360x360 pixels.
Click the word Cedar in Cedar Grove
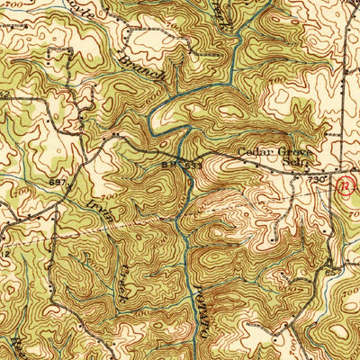click(257, 154)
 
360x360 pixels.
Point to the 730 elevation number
click(316, 180)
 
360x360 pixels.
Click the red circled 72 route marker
click(344, 185)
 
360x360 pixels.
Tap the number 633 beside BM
click(187, 166)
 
